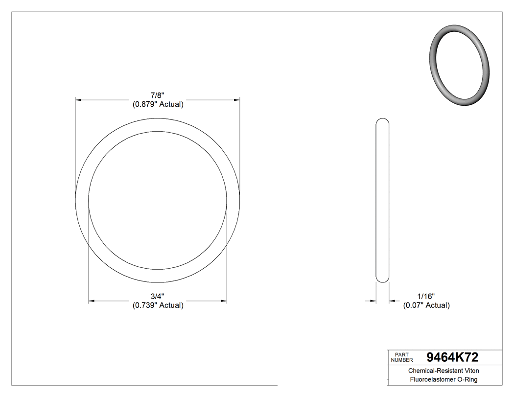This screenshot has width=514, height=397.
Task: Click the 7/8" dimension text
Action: point(158,95)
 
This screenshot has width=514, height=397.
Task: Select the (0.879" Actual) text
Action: point(158,104)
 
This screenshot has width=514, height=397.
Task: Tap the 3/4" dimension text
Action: point(158,296)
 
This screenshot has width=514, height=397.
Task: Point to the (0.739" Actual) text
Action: point(158,305)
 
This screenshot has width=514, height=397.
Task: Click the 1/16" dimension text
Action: point(426,296)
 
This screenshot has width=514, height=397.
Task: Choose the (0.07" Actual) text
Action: point(426,305)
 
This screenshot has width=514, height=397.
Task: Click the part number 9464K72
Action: point(452,357)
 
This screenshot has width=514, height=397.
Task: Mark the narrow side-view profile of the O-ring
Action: point(382,200)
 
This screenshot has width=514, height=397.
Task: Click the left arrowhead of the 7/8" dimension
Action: point(78,100)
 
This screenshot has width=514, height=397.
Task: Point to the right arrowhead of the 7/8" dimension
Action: point(236,100)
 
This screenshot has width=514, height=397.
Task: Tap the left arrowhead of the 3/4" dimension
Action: point(92,301)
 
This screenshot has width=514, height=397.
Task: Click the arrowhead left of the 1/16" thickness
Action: point(373,301)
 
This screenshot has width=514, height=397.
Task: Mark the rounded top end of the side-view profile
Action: point(382,120)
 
